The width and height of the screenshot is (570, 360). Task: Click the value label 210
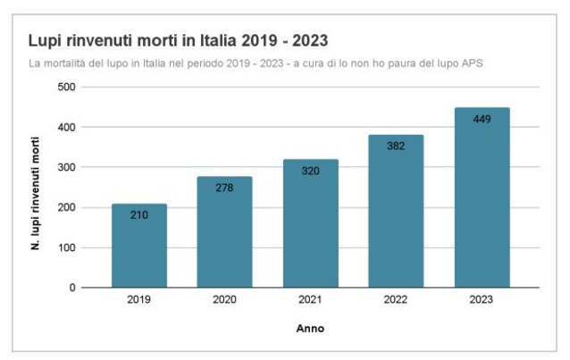(x=138, y=215)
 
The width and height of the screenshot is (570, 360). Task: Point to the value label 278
(x=224, y=188)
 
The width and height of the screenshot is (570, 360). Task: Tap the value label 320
(x=310, y=171)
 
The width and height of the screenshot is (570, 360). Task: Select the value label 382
(x=396, y=146)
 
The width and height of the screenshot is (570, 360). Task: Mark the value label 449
(x=482, y=119)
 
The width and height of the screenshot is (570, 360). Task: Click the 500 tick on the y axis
(x=65, y=87)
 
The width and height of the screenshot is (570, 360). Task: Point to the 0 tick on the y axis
(x=71, y=288)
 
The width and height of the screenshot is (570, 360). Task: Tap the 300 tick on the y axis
(x=65, y=167)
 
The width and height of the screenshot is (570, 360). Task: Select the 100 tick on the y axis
(x=65, y=247)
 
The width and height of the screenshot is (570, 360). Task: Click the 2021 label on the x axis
(x=310, y=301)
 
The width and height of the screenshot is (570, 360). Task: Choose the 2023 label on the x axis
(x=482, y=301)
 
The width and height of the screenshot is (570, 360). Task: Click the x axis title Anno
(x=310, y=329)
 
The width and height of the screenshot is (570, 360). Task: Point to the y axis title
(x=35, y=188)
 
